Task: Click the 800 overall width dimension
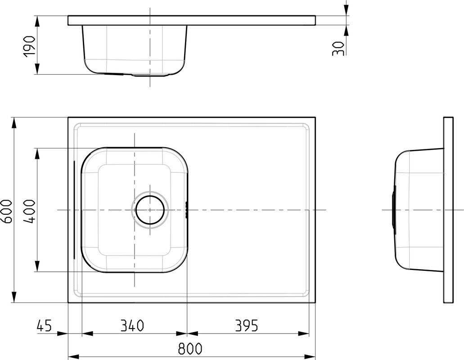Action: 190,349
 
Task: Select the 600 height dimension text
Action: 6,211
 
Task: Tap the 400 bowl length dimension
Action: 29,211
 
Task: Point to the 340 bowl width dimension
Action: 132,325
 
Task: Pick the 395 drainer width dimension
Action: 247,325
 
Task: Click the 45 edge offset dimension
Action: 44,325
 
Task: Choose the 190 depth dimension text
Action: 30,46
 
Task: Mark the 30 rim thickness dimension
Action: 338,48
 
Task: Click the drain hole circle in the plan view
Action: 150,210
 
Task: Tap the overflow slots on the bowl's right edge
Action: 186,210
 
